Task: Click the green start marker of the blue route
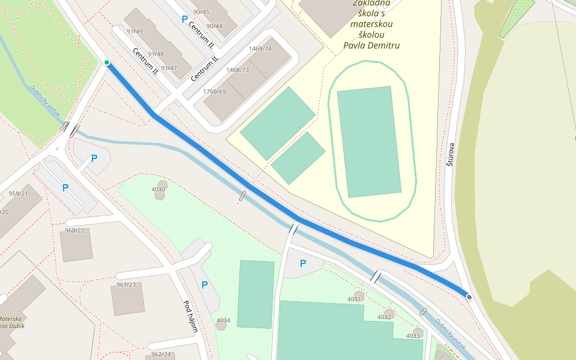tap(107, 62)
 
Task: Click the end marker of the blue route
tap(469, 296)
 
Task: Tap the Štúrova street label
tap(451, 154)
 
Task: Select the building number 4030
tap(158, 189)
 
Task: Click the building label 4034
tap(223, 320)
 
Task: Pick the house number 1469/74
tap(260, 49)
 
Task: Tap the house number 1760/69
tap(215, 91)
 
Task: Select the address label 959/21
tap(18, 194)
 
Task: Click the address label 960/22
tap(75, 230)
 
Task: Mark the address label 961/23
tap(126, 284)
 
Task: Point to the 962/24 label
tap(161, 354)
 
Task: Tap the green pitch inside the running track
tap(369, 142)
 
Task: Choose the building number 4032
tap(384, 317)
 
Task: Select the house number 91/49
tap(134, 31)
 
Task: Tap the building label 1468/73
tap(237, 70)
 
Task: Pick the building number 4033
tap(413, 335)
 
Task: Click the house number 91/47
tap(169, 68)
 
